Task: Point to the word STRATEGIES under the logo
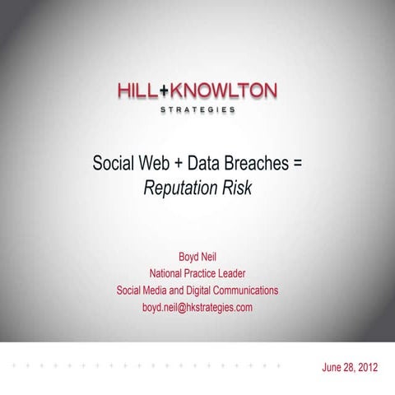pyautogui.click(x=197, y=109)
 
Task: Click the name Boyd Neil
pyautogui.click(x=197, y=255)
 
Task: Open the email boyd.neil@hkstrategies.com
pyautogui.click(x=197, y=308)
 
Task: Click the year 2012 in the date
pyautogui.click(x=365, y=367)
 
